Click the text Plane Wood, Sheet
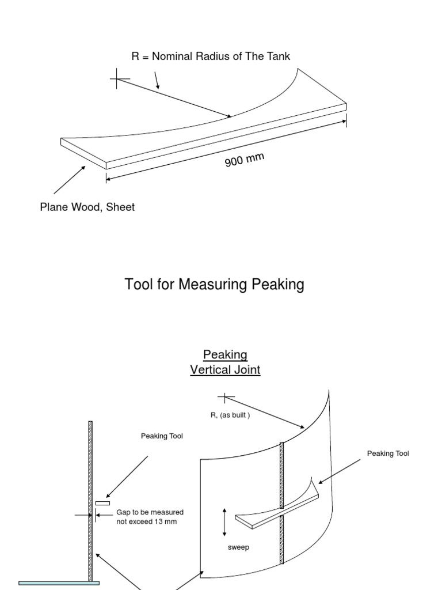87,207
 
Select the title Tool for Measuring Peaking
214,284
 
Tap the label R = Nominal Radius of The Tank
211,56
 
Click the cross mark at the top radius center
118,78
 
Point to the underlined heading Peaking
225,354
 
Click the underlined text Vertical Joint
225,370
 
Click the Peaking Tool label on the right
388,453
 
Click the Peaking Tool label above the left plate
162,436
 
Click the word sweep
238,547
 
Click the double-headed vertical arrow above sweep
224,522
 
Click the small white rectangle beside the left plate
102,504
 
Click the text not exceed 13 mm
146,521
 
